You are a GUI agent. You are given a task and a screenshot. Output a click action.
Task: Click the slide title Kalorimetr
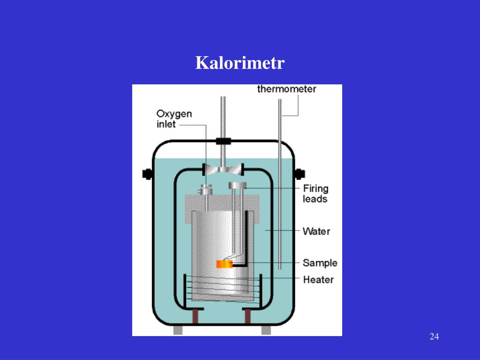(x=240, y=63)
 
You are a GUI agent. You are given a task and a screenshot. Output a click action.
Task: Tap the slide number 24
(x=434, y=337)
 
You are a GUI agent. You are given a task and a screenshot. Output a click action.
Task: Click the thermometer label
(x=286, y=89)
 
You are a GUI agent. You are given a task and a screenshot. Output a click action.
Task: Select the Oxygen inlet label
(x=174, y=119)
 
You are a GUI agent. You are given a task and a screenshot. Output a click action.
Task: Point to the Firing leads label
(x=315, y=194)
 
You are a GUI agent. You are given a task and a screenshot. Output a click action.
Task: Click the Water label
(x=316, y=231)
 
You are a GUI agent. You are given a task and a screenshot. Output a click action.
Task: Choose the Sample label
(x=320, y=262)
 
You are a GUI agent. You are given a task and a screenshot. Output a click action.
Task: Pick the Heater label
(x=318, y=279)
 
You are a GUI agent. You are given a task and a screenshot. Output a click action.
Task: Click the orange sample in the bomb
(x=225, y=264)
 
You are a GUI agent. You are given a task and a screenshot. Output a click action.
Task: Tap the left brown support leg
(x=195, y=316)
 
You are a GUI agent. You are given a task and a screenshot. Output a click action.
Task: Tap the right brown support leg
(x=247, y=316)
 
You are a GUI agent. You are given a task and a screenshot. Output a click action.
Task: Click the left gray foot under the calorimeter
(x=178, y=330)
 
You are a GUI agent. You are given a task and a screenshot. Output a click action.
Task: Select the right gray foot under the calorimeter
(x=266, y=330)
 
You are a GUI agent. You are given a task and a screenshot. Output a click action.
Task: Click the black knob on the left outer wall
(x=148, y=174)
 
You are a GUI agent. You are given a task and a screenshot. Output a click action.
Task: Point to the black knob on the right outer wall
(x=299, y=174)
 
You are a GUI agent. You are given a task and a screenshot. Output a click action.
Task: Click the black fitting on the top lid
(x=223, y=141)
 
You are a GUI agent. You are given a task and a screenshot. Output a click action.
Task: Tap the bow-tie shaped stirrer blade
(x=223, y=169)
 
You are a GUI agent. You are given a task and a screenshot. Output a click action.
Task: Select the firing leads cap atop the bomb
(x=238, y=186)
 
